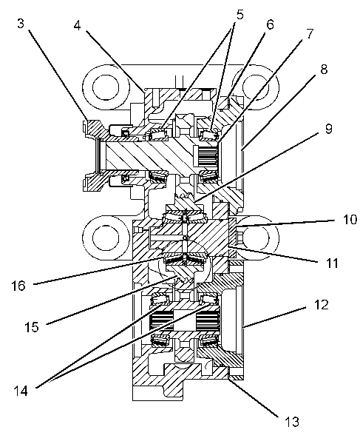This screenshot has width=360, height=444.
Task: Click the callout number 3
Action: [x=21, y=24]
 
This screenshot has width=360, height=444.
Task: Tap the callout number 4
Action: [x=77, y=25]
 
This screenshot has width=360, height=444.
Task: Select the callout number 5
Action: [x=240, y=15]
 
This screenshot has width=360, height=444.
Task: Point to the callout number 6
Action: [x=270, y=24]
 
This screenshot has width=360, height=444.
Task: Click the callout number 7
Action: [x=310, y=34]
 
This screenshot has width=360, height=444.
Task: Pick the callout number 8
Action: [x=324, y=69]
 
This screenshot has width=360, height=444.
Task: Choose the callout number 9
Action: [x=328, y=129]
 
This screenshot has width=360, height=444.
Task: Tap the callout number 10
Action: [x=350, y=220]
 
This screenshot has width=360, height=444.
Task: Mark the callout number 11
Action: [x=332, y=263]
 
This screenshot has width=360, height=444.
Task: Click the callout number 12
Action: [x=322, y=305]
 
